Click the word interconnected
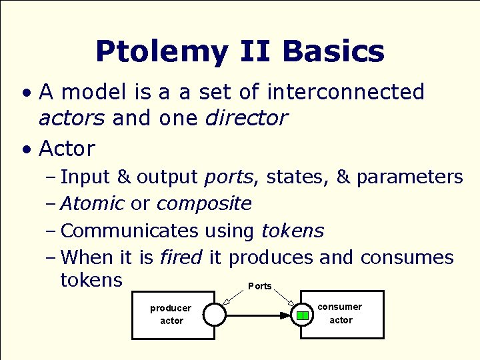(345, 91)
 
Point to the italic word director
(246, 119)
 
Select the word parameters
(409, 177)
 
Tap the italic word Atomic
(92, 203)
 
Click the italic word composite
(204, 203)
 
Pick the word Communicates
(129, 231)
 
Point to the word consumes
(407, 257)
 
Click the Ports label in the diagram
(260, 286)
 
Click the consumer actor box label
(340, 313)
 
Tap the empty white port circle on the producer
(215, 314)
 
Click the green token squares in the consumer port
(303, 315)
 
